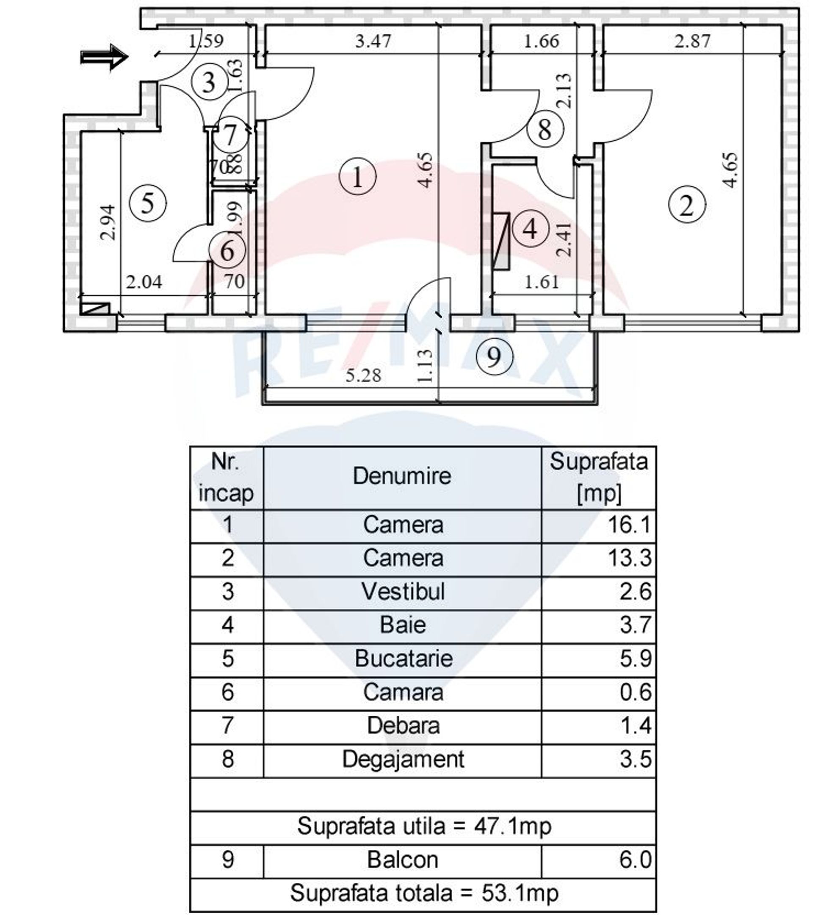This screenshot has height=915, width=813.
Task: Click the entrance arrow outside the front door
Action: pyautogui.click(x=104, y=57)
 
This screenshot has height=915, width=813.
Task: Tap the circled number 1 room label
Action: pyautogui.click(x=358, y=177)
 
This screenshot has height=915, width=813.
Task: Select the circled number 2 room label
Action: pyautogui.click(x=687, y=205)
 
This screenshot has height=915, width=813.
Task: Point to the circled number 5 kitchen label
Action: pyautogui.click(x=148, y=204)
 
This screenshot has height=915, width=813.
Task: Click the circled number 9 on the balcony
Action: pyautogui.click(x=494, y=357)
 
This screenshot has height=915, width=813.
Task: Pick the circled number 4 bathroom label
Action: pyautogui.click(x=531, y=229)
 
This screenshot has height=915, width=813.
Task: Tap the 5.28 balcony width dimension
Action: pyautogui.click(x=364, y=375)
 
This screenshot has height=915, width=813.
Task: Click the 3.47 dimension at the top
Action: pyautogui.click(x=373, y=41)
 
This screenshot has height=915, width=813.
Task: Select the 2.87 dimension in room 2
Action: pyautogui.click(x=692, y=41)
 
